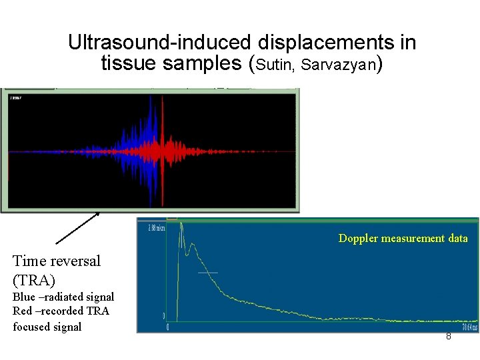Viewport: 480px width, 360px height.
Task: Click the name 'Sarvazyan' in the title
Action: click(x=339, y=65)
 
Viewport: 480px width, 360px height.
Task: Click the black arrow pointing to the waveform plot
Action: click(x=77, y=228)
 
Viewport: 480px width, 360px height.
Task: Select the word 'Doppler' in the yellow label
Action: click(x=358, y=238)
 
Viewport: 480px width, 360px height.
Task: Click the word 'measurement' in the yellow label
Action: click(x=413, y=238)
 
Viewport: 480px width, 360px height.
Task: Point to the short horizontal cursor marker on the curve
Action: click(x=208, y=273)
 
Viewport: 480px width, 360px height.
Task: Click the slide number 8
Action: click(x=448, y=336)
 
